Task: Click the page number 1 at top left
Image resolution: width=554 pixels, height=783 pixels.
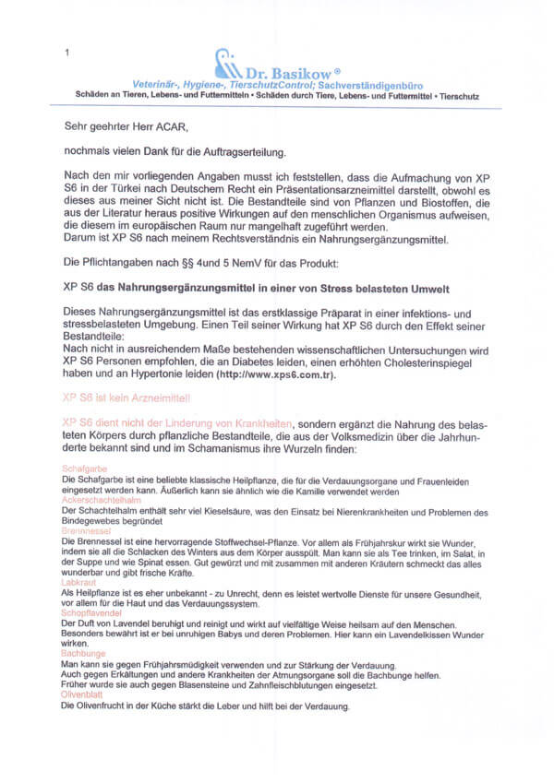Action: click(66, 53)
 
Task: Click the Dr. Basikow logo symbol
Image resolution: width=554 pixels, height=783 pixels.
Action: click(226, 64)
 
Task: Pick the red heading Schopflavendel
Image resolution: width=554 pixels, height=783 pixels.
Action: click(90, 612)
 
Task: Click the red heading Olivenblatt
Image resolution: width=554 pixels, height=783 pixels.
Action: click(83, 694)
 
